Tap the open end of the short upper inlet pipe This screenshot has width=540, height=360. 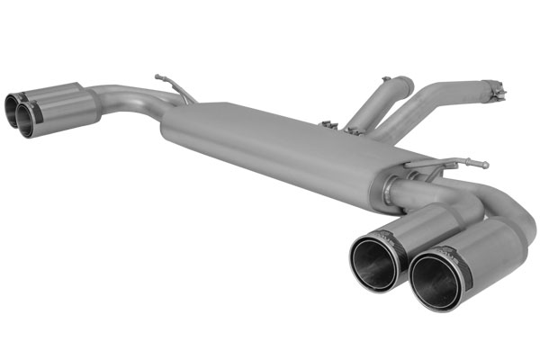(x=400, y=84)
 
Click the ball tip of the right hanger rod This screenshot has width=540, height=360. (x=486, y=165)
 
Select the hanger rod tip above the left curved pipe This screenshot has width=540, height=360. (x=158, y=77)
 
